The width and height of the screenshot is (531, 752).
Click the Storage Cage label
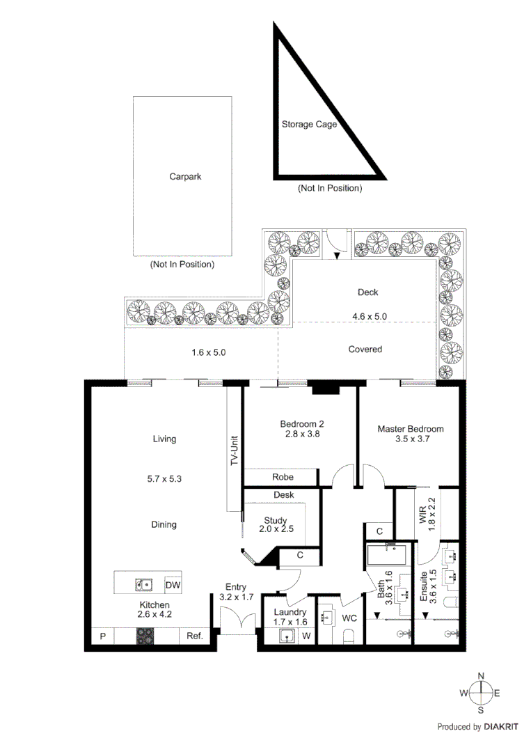[x=309, y=125]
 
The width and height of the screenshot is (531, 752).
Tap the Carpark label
[x=185, y=177]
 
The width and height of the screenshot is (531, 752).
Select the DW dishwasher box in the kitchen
[x=173, y=586]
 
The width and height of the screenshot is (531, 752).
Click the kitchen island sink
[x=144, y=585]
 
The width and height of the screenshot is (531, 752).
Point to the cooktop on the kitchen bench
[x=145, y=636]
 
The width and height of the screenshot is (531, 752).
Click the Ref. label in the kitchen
[x=194, y=636]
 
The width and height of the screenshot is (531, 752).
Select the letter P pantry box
[x=102, y=636]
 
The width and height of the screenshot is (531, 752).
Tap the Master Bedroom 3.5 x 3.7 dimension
[x=410, y=440]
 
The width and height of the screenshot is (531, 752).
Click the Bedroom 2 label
[x=302, y=423]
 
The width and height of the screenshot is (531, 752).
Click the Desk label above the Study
[x=284, y=495]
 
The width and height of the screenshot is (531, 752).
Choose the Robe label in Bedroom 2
[x=283, y=477]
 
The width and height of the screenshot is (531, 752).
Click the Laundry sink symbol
[x=285, y=636]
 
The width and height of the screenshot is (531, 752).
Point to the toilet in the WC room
[x=349, y=636]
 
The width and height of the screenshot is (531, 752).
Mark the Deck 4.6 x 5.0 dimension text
[x=369, y=316]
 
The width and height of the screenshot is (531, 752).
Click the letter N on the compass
[x=481, y=675]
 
